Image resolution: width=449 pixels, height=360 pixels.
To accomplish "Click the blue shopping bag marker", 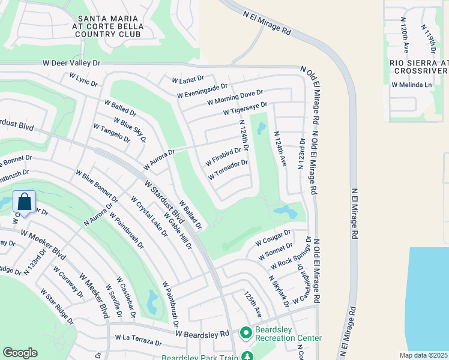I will [x=24, y=202].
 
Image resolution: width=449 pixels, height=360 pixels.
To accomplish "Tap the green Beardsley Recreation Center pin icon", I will [x=245, y=332].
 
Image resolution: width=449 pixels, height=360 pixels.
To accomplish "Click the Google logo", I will [x=20, y=353].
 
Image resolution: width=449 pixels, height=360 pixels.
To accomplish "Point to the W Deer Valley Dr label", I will [x=71, y=62].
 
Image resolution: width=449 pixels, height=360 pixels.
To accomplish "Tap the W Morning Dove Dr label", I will [x=235, y=98].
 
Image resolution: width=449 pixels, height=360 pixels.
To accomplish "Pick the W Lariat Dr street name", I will [x=188, y=79].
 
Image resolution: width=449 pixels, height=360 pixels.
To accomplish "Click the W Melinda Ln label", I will [x=412, y=85].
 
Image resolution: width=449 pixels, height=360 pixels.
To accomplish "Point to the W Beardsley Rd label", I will [x=203, y=333].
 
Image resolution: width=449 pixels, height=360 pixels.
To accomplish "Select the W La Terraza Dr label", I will [x=139, y=340].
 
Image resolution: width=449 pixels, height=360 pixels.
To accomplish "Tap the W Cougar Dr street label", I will [x=273, y=238].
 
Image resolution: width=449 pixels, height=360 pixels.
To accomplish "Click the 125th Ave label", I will [x=253, y=304].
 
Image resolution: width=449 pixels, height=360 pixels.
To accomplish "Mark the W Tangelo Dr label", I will [x=112, y=133].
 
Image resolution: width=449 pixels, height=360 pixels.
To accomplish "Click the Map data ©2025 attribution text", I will [x=424, y=355].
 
